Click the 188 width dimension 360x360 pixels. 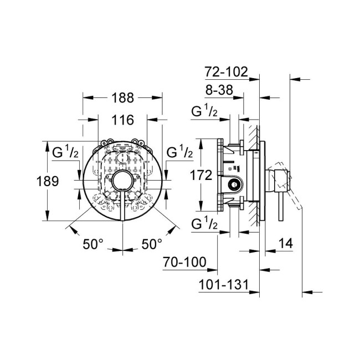pyautogui.click(x=123, y=98)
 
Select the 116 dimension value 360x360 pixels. pyautogui.click(x=123, y=120)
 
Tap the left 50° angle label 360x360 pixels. pyautogui.click(x=94, y=243)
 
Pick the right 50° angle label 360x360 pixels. pyautogui.click(x=152, y=243)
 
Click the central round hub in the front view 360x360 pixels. pyautogui.click(x=122, y=181)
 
